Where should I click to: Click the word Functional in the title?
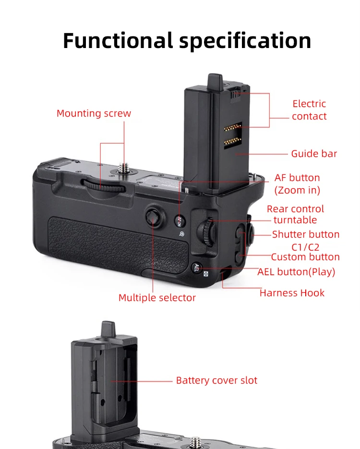coord(118,40)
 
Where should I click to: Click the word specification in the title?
coord(245,41)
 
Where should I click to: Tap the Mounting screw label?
coord(94,114)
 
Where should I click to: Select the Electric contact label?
coord(309,110)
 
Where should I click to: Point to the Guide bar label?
coord(314,154)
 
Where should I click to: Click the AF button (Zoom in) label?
coord(297,184)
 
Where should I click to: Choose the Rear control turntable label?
coord(295,214)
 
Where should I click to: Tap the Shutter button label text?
coord(306,234)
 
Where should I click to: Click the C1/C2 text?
coord(305,247)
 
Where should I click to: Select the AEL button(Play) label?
coord(296,272)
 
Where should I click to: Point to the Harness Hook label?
coord(292,293)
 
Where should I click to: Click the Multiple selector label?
coord(157,298)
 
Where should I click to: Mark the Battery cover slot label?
coord(216,380)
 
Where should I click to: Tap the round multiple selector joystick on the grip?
coord(153,216)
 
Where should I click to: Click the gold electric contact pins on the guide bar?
coord(232,134)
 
